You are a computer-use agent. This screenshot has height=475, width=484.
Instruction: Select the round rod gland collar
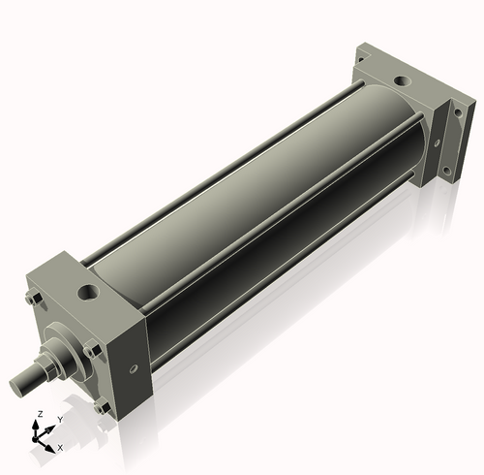tap(60, 349)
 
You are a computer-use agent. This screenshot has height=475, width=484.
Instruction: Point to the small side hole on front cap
tap(134, 367)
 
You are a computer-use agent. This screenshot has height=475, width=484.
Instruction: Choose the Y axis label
tap(60, 419)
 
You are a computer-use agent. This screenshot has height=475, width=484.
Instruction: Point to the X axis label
tap(61, 447)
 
